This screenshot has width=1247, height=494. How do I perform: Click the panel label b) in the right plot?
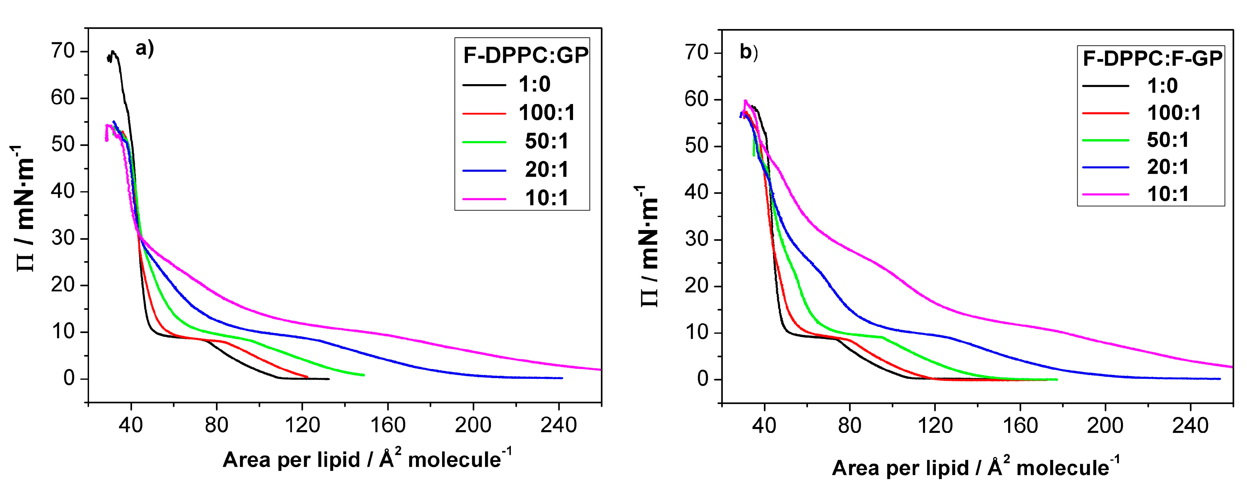pyautogui.click(x=748, y=52)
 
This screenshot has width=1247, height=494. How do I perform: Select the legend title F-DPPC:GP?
pyautogui.click(x=526, y=56)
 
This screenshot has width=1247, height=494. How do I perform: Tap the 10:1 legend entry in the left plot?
pyautogui.click(x=547, y=198)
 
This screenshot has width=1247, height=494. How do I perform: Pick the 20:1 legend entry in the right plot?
pyautogui.click(x=1168, y=167)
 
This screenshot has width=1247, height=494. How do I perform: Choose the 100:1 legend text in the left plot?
pyautogui.click(x=547, y=113)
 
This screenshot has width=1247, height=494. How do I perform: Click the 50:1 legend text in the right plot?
pyautogui.click(x=1168, y=140)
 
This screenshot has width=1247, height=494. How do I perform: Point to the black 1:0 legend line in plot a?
pyautogui.click(x=484, y=85)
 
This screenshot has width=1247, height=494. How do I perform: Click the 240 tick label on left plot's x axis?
pyautogui.click(x=559, y=425)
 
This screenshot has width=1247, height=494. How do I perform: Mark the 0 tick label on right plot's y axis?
pyautogui.click(x=703, y=379)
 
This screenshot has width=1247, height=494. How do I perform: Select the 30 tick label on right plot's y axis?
pyautogui.click(x=697, y=239)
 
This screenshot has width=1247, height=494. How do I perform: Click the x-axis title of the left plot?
pyautogui.click(x=367, y=459)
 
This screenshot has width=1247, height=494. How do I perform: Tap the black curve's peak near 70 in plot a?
pyautogui.click(x=113, y=51)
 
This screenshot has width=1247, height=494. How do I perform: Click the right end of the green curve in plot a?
pyautogui.click(x=363, y=375)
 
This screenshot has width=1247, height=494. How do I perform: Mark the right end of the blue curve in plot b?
pyautogui.click(x=1219, y=379)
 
